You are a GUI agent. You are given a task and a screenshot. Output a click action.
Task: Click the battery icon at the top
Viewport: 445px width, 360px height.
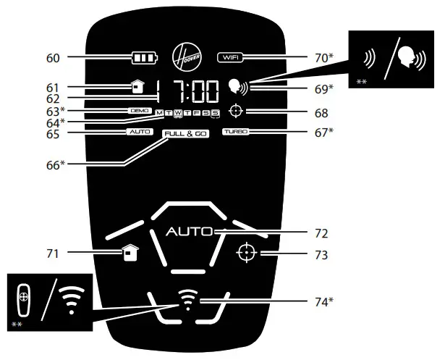pos(143,56)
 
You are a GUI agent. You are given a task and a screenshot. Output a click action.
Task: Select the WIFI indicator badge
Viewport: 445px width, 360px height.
pos(230,56)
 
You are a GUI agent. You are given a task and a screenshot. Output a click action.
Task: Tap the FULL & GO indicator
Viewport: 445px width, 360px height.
pos(185,135)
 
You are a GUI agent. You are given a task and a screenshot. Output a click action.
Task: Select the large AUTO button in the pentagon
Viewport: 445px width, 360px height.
pos(188,233)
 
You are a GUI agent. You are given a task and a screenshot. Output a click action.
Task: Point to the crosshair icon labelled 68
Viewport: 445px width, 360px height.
pos(234,112)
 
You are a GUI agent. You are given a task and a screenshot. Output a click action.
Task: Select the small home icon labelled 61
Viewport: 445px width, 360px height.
pos(138,88)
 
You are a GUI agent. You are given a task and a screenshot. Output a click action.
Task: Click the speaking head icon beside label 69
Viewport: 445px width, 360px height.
pos(236,88)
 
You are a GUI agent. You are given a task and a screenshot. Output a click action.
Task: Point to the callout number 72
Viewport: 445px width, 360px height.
pos(322,234)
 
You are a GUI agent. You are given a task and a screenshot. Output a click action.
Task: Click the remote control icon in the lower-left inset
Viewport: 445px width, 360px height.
pos(24,298)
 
